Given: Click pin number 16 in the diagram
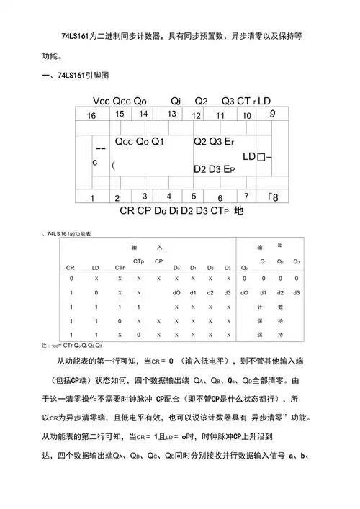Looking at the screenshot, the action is click(x=91, y=115).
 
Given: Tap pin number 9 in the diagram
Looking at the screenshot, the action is click(x=272, y=113).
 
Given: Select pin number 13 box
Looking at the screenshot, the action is click(x=171, y=113).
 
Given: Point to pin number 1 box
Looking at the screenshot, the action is click(x=91, y=197).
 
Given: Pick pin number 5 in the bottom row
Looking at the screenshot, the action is click(x=194, y=196).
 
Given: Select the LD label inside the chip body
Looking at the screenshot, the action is click(x=250, y=156).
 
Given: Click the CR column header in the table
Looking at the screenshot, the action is click(x=71, y=267).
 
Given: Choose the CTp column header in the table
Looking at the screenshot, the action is click(x=138, y=261).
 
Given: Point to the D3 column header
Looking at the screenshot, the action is click(x=227, y=267).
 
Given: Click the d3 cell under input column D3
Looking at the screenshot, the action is click(x=227, y=293).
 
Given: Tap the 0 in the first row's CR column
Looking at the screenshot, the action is click(x=71, y=277).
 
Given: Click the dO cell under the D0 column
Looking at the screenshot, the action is click(x=176, y=293).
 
